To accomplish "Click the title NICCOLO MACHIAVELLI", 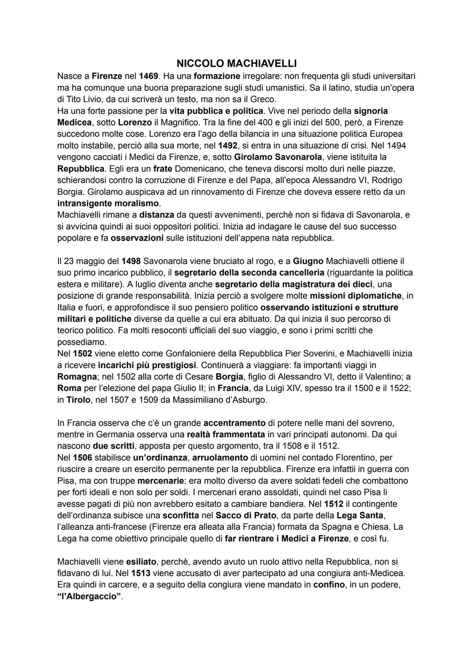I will (x=237, y=63).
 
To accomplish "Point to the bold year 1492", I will (x=227, y=145).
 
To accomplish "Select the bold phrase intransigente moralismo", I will (x=108, y=203).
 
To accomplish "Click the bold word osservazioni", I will (x=137, y=238).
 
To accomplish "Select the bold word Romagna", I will (x=77, y=376).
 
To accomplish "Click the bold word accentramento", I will (x=234, y=423).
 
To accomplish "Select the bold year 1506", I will (x=83, y=458).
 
